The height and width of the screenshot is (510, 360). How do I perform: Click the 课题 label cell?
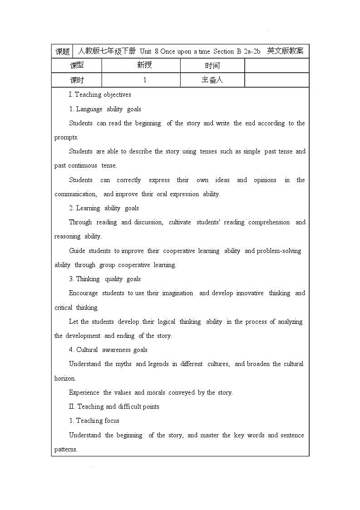pos(62,51)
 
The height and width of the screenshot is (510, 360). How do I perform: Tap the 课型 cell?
pos(77,65)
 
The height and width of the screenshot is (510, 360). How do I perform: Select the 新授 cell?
pos(144,65)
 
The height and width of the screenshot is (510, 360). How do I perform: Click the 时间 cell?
pos(212,65)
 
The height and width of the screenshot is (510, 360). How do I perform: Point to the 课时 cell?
pos(77,80)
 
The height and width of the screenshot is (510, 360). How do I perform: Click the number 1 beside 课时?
pos(144,80)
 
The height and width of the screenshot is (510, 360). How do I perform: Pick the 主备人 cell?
pos(212,80)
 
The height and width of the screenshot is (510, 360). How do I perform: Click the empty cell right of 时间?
pos(276,65)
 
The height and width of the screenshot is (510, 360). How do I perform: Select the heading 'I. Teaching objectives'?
pos(100,94)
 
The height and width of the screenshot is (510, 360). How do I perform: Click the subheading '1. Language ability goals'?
pos(105,109)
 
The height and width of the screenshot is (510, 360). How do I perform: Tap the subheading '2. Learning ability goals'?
pos(104,208)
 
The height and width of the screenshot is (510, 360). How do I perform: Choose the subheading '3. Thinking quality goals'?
pos(105,279)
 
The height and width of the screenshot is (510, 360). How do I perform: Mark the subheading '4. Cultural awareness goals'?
pos(108,350)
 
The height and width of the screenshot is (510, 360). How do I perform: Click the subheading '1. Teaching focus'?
pos(94,421)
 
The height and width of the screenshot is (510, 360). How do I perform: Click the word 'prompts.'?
pos(66,137)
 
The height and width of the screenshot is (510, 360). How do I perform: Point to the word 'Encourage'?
pos(83,293)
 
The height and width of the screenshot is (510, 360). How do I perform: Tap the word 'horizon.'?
pos(65,378)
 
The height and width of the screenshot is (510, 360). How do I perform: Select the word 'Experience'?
pos(84,392)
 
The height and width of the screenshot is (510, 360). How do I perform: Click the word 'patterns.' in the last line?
pos(66,449)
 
